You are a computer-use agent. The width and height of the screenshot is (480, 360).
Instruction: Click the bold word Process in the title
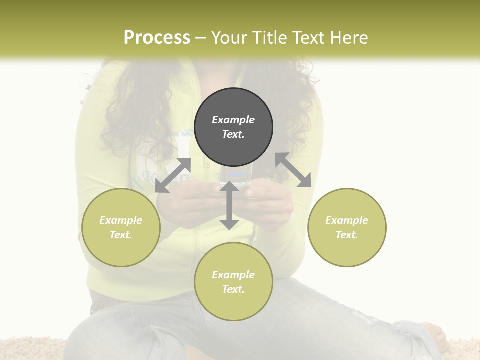click(x=157, y=38)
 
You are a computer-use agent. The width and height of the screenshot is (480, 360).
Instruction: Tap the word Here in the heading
click(x=348, y=38)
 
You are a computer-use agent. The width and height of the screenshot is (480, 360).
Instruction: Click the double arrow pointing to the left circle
click(x=173, y=175)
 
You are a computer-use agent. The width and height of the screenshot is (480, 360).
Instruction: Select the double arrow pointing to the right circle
click(x=293, y=170)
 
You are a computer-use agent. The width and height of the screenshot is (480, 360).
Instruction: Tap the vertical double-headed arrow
click(x=229, y=205)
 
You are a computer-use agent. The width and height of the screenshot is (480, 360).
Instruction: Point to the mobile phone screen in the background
click(x=236, y=175)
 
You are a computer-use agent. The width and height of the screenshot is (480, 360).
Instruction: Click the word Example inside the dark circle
click(x=233, y=120)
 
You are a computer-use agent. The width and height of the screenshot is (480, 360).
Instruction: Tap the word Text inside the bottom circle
click(x=233, y=289)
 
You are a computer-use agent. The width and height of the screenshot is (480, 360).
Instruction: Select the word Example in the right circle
click(x=347, y=220)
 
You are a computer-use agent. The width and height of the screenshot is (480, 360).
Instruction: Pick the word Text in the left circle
click(x=121, y=235)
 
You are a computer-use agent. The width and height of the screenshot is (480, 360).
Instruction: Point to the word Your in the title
click(x=229, y=38)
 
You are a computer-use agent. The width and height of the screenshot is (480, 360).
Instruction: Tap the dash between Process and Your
click(x=201, y=38)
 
